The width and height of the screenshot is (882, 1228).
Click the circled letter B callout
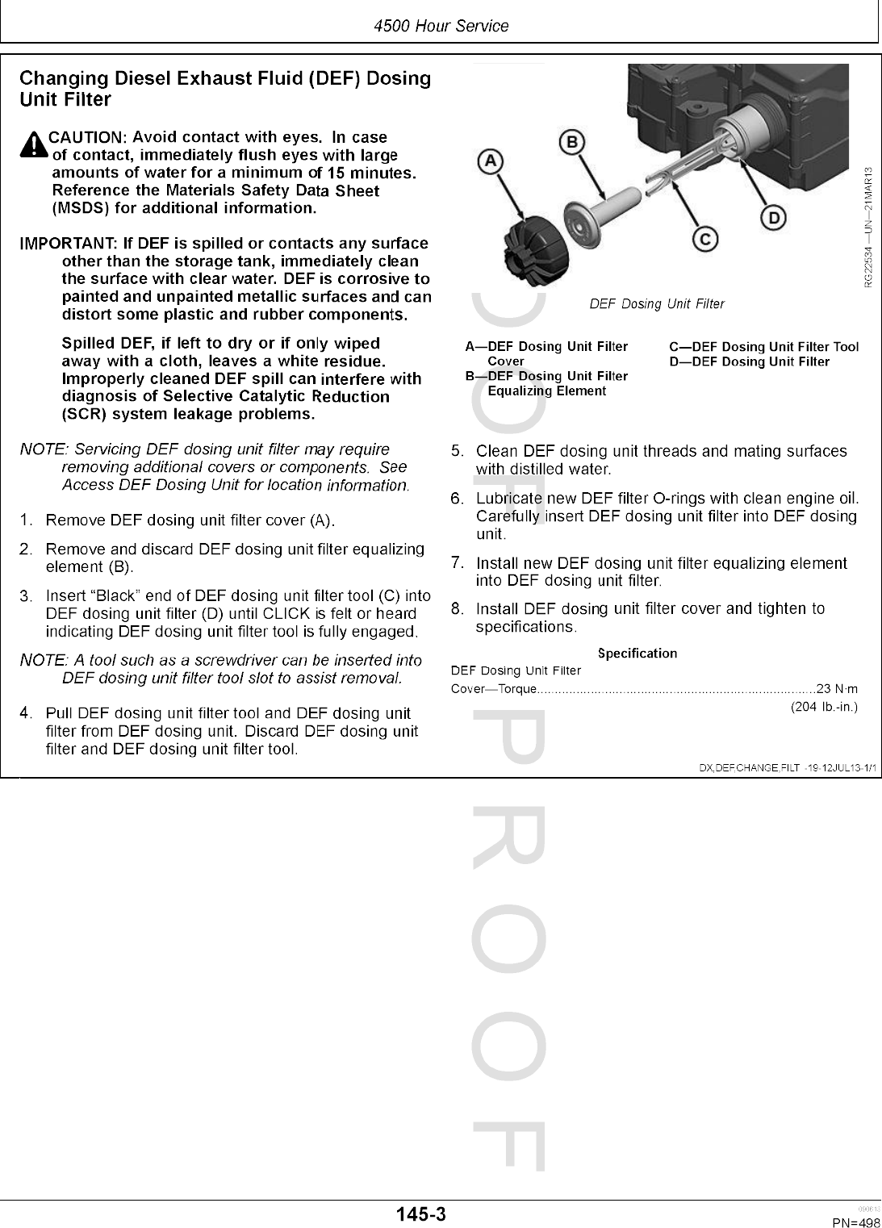571,143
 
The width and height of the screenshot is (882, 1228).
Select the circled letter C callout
704,239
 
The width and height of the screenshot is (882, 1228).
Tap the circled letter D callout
773,218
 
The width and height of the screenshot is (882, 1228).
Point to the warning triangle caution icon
34,145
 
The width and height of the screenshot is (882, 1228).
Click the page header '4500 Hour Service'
441,26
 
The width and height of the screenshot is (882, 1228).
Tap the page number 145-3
420,1214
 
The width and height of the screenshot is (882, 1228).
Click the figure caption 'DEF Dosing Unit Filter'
657,304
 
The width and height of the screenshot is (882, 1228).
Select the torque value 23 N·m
837,689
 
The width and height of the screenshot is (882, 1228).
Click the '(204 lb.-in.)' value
823,708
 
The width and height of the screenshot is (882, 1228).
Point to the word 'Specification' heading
637,654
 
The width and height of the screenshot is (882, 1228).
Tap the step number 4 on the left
27,713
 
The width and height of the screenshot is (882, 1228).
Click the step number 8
457,609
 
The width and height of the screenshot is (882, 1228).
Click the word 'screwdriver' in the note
228,660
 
